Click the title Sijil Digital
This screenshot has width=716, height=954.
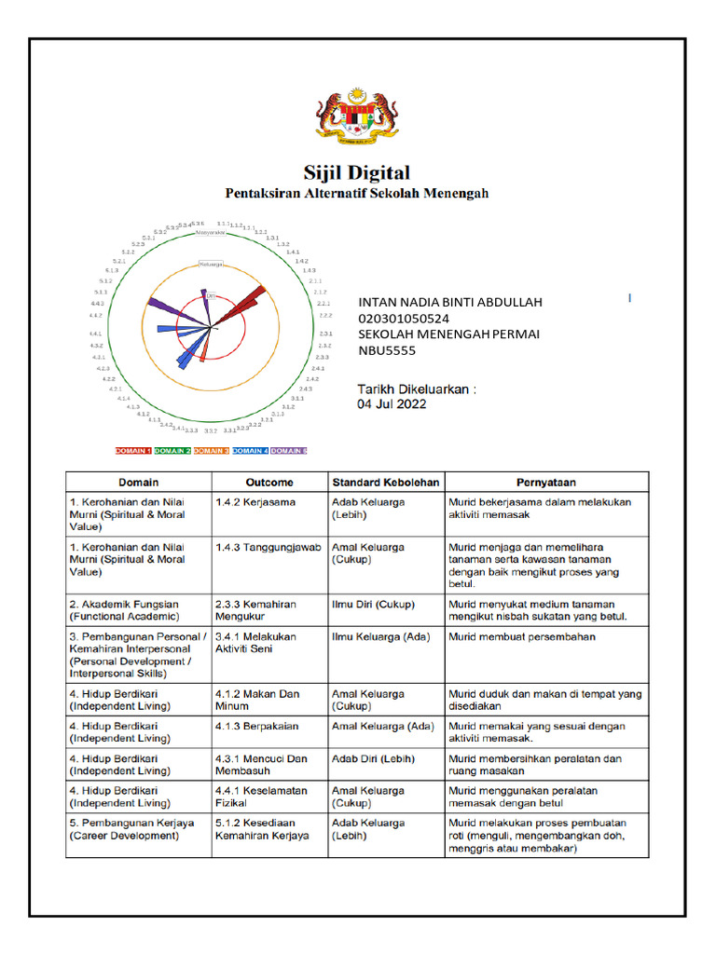click(357, 172)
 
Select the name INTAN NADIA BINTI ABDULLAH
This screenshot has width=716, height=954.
click(450, 302)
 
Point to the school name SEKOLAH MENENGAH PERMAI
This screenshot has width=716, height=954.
click(448, 334)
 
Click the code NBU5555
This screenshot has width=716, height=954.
click(387, 350)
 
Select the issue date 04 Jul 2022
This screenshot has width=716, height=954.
click(392, 404)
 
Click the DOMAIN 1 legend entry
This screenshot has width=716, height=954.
click(132, 451)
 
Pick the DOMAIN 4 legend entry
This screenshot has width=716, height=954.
click(250, 451)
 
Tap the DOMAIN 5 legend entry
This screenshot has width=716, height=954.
click(288, 451)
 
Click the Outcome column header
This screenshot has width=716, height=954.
click(269, 483)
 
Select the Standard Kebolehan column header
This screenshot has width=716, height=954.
click(385, 483)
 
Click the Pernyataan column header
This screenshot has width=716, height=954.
click(545, 483)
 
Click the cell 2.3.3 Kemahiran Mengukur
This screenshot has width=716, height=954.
click(256, 610)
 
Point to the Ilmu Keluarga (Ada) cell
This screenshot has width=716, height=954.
click(376, 637)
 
